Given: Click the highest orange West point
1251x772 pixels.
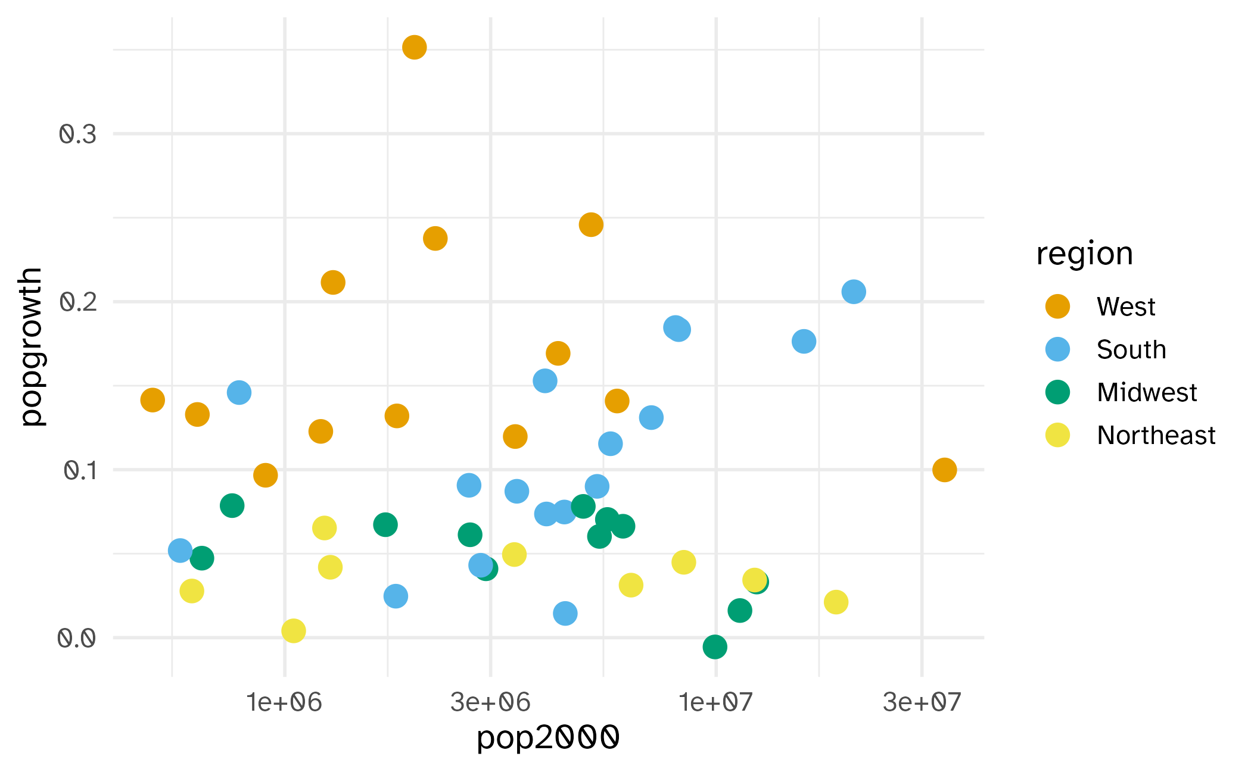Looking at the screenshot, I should coord(414,47).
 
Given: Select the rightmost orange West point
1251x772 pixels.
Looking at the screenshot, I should coord(944,470).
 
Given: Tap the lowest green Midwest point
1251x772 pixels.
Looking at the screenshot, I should coord(714,646).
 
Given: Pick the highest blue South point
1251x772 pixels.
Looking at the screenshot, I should coord(853,292).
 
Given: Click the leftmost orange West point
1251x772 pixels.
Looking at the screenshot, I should coord(153,400).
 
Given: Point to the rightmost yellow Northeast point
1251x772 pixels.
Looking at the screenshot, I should coord(836,602).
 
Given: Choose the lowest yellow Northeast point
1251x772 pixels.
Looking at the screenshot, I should coord(293,630).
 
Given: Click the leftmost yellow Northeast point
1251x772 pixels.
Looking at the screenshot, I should coord(191,591).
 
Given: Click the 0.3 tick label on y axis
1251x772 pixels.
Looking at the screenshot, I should coord(77,135).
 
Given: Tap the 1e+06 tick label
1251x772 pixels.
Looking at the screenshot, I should coord(284,703).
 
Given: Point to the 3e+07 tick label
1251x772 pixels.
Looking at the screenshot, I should coord(922,703).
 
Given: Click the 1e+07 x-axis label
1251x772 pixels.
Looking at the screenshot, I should coord(715,703).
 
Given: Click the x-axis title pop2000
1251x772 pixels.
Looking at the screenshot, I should coord(548,738).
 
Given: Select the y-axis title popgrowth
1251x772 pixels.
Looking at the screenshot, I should coord(31,346).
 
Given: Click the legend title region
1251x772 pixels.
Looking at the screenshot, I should coord(1084,254).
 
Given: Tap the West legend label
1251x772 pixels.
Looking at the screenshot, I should coord(1126,307).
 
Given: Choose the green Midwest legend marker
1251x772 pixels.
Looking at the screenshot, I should coord(1057,392).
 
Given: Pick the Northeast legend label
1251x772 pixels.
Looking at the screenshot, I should coord(1156,436).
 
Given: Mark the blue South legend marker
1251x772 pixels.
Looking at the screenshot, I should coord(1057,349).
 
